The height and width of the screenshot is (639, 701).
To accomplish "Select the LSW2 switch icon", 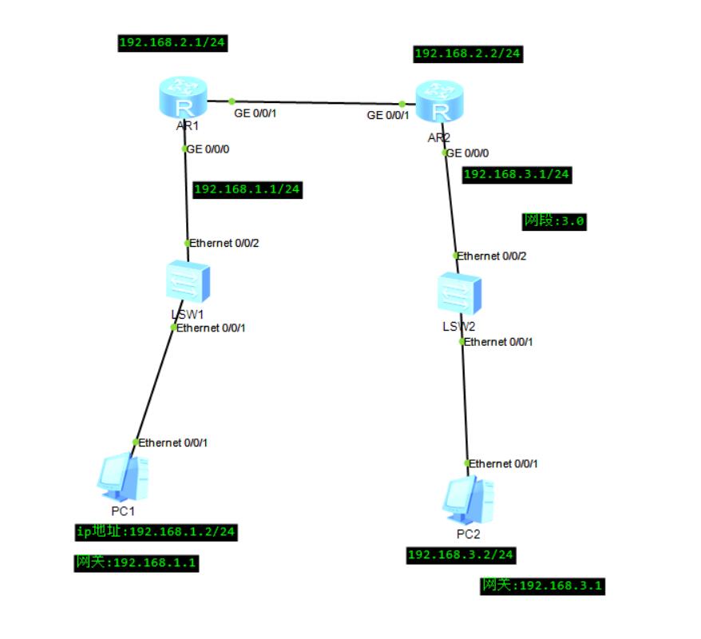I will (461, 294).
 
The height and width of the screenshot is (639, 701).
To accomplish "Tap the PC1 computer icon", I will (122, 476).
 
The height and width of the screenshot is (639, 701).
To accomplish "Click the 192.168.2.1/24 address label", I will (172, 43).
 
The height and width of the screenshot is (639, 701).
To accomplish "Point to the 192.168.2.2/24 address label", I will (468, 54).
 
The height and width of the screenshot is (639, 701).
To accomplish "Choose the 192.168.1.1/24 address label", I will (247, 189).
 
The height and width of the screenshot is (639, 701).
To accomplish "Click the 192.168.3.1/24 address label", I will (517, 174).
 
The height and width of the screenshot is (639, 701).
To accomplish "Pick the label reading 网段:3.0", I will (554, 221).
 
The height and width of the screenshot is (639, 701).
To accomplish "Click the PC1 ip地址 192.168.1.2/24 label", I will (156, 531).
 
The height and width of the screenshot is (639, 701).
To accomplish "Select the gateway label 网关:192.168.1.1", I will (136, 563).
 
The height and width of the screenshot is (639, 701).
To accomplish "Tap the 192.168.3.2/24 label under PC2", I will (461, 555).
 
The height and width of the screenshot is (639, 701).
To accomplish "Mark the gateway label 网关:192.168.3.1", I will (542, 586).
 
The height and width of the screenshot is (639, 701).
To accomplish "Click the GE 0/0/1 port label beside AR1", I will (255, 114).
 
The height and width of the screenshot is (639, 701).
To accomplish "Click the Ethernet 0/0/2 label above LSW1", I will (224, 243).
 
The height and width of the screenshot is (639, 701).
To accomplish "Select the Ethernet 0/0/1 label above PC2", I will (503, 463).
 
